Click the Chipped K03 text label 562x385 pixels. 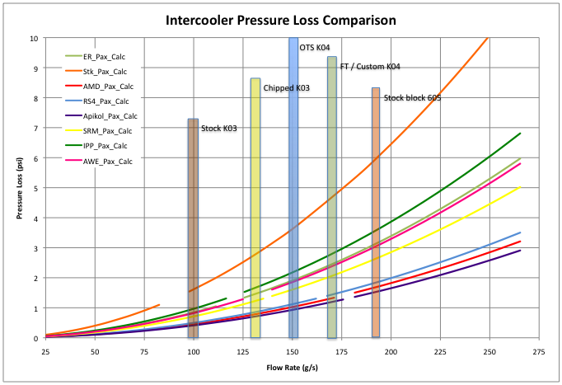(286, 87)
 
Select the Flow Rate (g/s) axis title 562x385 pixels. (293, 367)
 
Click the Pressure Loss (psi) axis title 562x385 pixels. (16, 188)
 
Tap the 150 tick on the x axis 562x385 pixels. (293, 351)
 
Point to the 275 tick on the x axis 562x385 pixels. (540, 351)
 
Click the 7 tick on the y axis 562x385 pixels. (34, 129)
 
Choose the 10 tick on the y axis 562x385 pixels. (32, 38)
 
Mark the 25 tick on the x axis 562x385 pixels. (45, 351)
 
